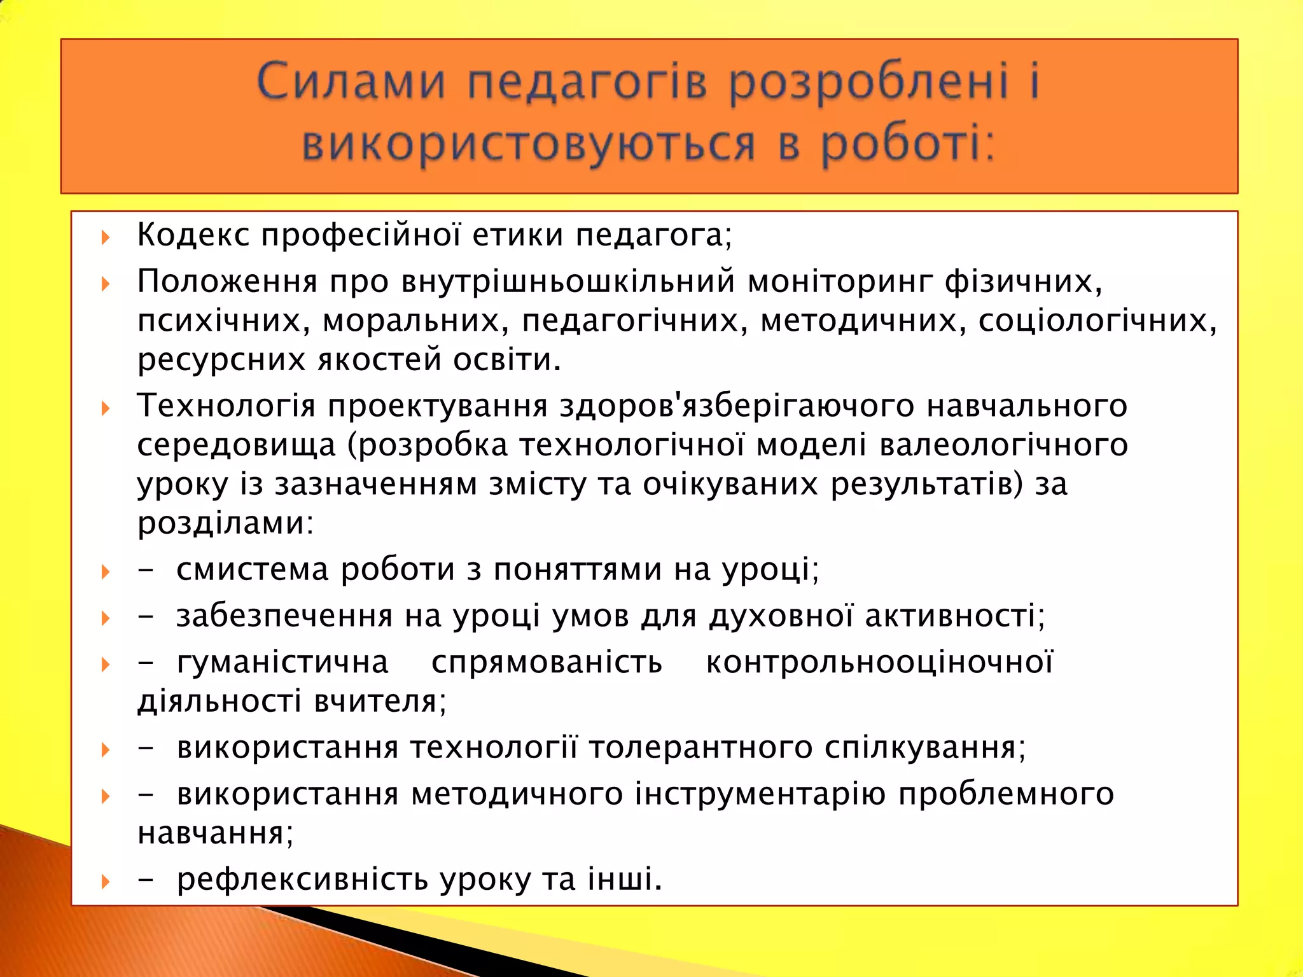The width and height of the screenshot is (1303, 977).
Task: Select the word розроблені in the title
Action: point(869,83)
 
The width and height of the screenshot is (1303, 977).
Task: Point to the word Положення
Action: point(227,281)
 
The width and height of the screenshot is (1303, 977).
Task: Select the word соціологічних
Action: point(1097,321)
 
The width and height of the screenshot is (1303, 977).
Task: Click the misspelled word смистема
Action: point(253,569)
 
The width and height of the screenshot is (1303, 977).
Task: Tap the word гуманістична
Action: point(282,662)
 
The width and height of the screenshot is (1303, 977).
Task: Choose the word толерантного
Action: point(700,747)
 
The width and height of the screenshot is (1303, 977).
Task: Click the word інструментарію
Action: point(760,794)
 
